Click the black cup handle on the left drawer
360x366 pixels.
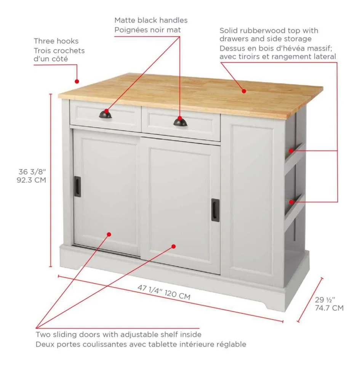coord(105,114)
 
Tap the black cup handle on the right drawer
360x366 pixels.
coord(180,122)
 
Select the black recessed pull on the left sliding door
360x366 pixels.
coord(77,186)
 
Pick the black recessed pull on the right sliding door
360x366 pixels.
coord(215,210)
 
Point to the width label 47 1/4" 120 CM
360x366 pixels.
coord(164,292)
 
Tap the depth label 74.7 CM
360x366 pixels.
coord(329,308)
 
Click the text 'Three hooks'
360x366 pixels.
coord(56,41)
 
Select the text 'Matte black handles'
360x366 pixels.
coord(151,20)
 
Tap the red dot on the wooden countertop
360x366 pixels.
coord(244,91)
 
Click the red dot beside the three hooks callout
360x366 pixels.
coord(77,81)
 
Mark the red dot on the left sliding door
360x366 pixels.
coord(109,234)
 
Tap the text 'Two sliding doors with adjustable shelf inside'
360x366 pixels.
coord(118,335)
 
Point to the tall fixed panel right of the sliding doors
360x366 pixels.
coord(252,198)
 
